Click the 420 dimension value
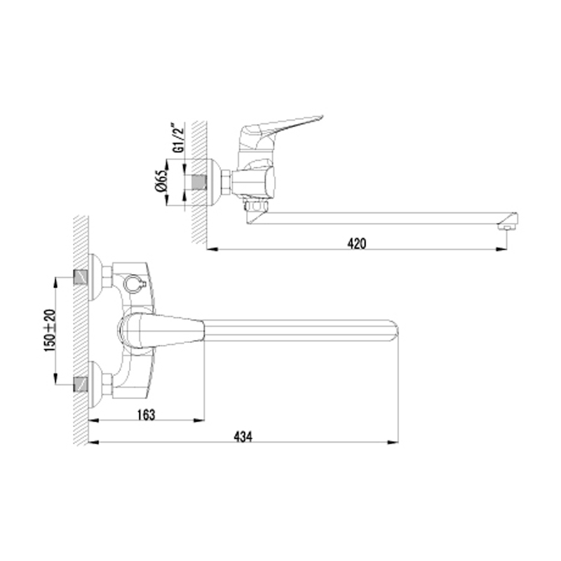pyautogui.click(x=357, y=243)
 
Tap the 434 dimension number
pyautogui.click(x=243, y=437)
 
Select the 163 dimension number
pyautogui.click(x=146, y=414)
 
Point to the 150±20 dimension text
pyautogui.click(x=50, y=330)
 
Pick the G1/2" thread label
pyautogui.click(x=179, y=137)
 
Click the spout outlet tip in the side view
pyautogui.click(x=508, y=227)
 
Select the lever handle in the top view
pyautogui.click(x=161, y=330)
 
